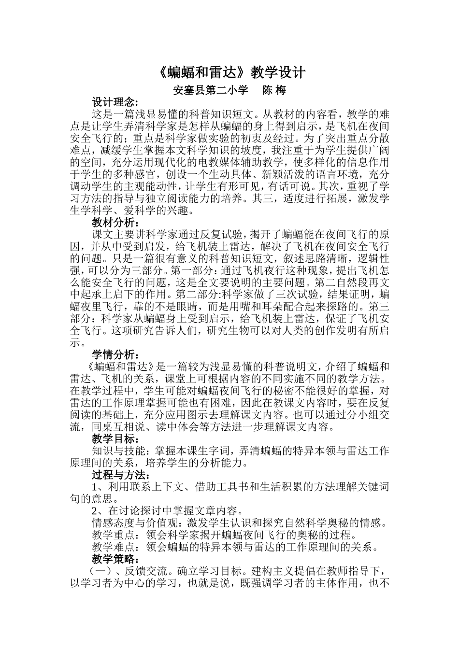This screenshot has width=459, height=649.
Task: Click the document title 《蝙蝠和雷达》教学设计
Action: click(x=232, y=72)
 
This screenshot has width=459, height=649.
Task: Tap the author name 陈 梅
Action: click(x=274, y=90)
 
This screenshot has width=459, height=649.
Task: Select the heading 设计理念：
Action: click(x=115, y=102)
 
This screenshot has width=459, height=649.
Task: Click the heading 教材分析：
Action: click(x=115, y=223)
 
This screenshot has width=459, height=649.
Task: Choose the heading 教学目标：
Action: click(x=115, y=439)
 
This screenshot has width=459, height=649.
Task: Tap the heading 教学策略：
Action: click(x=115, y=559)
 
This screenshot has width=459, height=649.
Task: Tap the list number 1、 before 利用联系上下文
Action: click(x=99, y=487)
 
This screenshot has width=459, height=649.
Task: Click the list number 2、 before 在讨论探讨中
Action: click(x=99, y=511)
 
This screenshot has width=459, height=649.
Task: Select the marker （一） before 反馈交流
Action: click(x=98, y=571)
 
